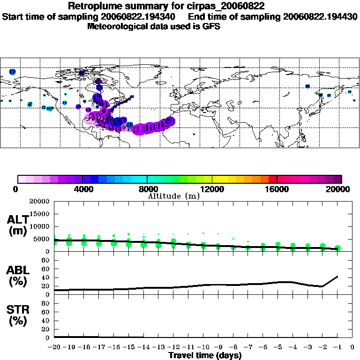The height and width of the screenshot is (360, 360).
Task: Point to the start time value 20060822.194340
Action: tap(146, 16)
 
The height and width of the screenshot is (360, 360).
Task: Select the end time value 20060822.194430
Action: tap(321, 16)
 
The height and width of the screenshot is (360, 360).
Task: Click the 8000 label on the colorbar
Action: tap(147, 189)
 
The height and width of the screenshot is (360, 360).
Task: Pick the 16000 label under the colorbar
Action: tap(277, 189)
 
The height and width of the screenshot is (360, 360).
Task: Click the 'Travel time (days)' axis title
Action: tap(205, 355)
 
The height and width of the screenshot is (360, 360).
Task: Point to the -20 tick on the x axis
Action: tap(54, 347)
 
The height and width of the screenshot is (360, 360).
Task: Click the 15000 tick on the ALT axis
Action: tap(40, 214)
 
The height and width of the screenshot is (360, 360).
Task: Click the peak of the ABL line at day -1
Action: tap(338, 276)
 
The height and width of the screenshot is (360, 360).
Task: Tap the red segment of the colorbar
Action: tap(272, 179)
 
